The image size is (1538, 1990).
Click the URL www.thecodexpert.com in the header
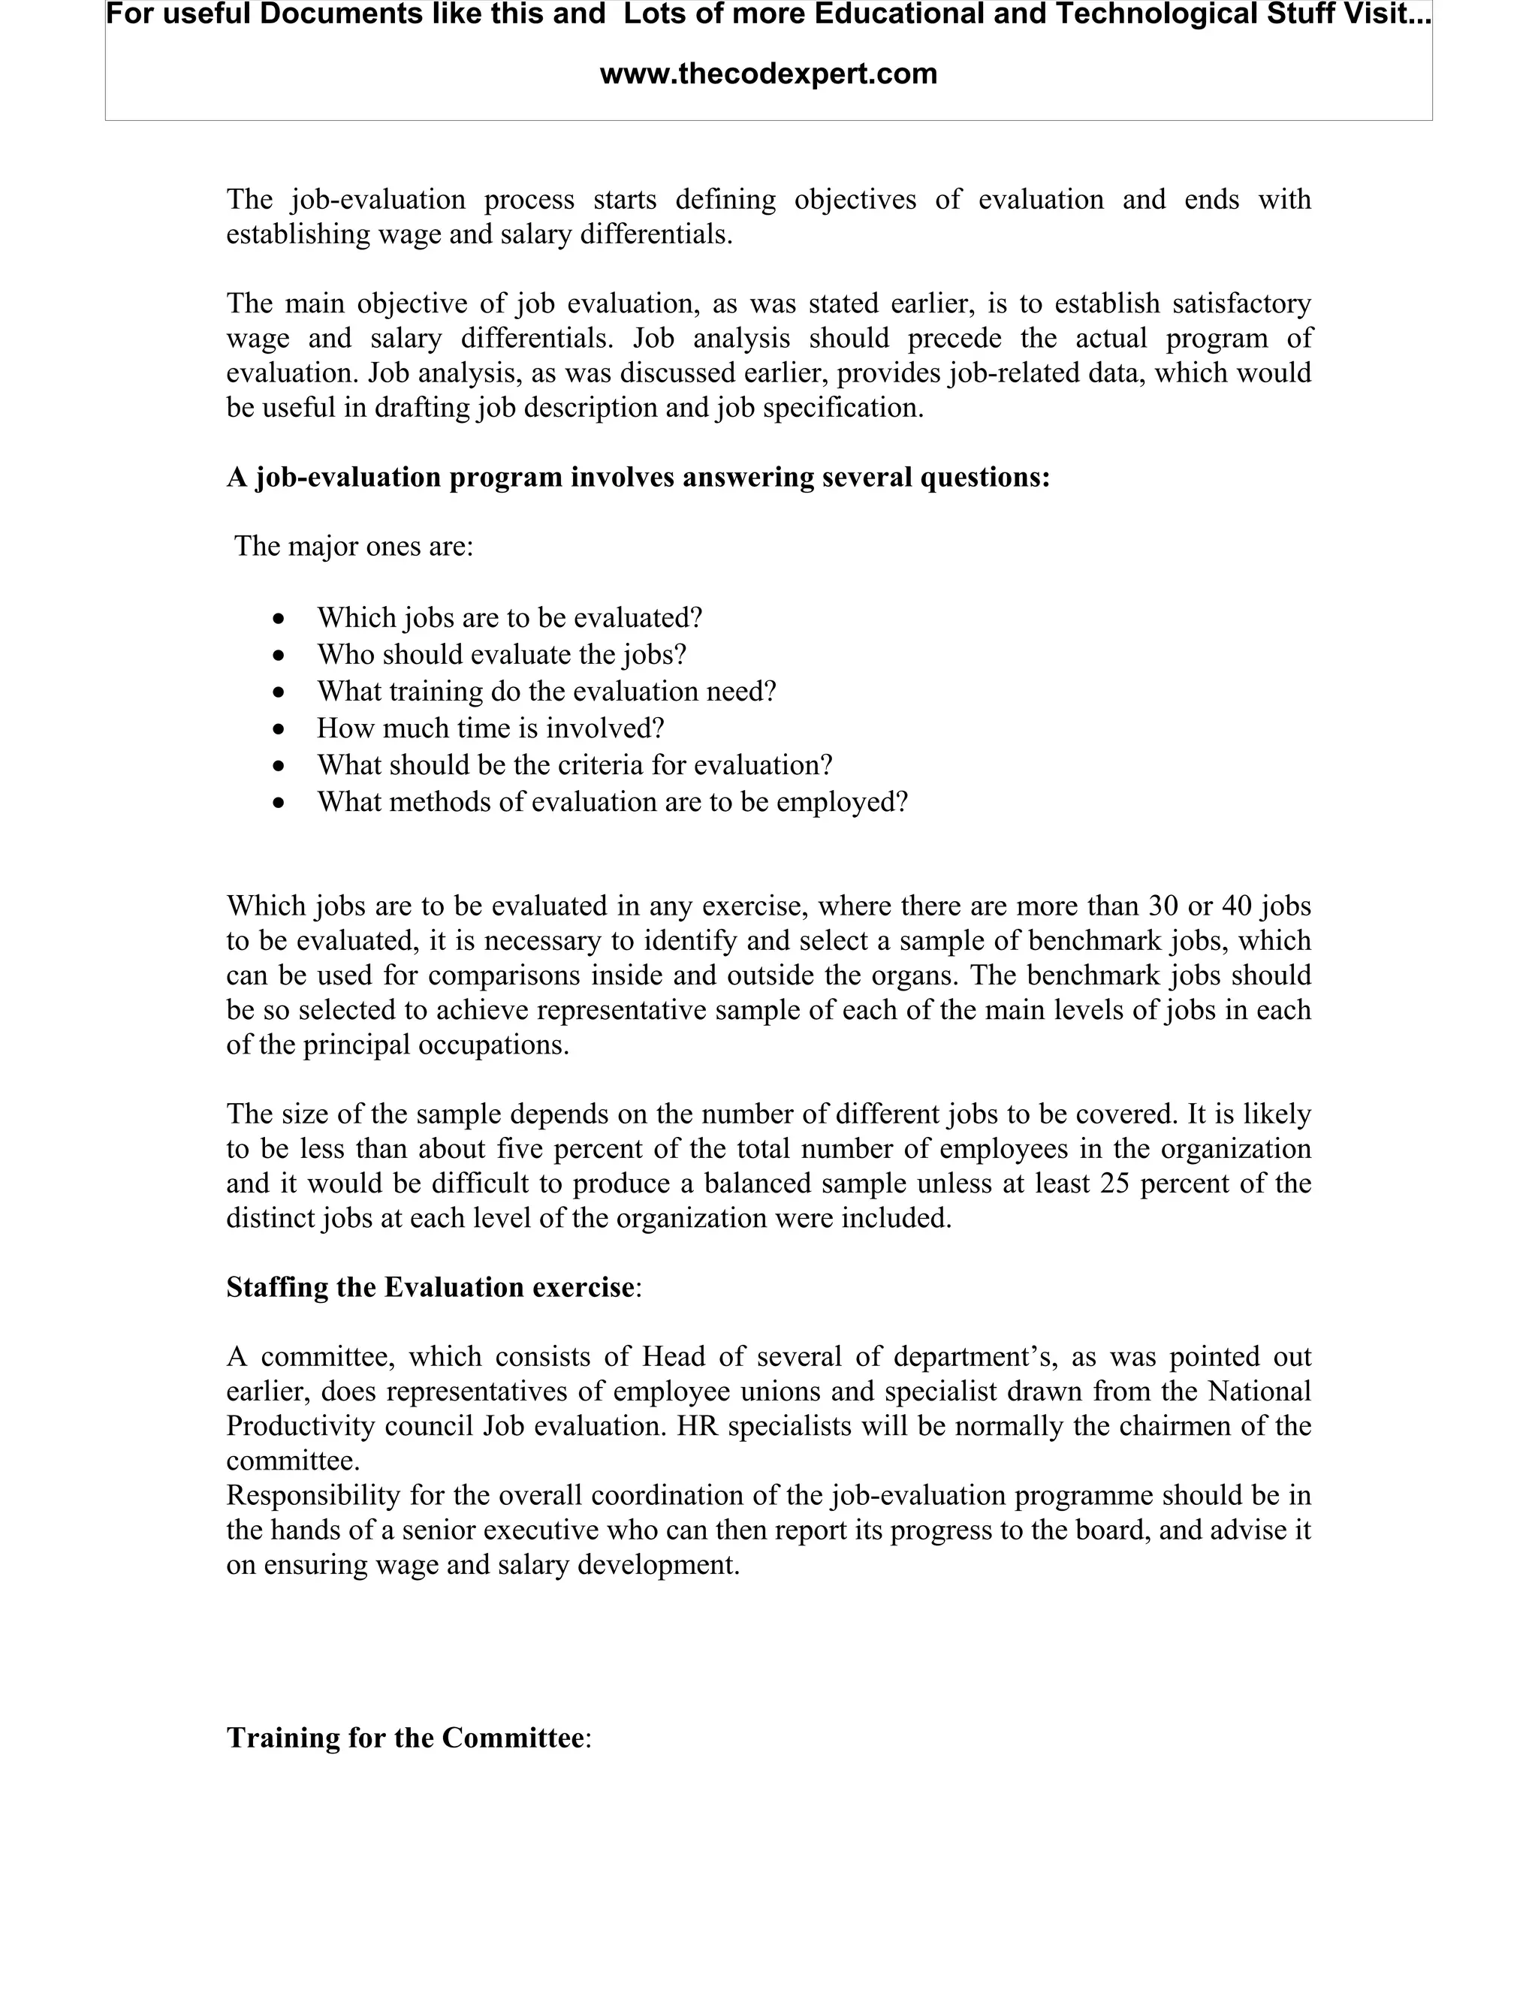click(768, 74)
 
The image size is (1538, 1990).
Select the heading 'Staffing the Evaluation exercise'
click(430, 1287)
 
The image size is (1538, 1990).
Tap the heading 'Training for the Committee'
click(406, 1738)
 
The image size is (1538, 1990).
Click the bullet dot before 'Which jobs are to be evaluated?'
click(279, 620)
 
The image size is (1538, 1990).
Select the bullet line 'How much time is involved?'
click(490, 728)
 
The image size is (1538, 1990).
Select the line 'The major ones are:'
click(354, 547)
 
